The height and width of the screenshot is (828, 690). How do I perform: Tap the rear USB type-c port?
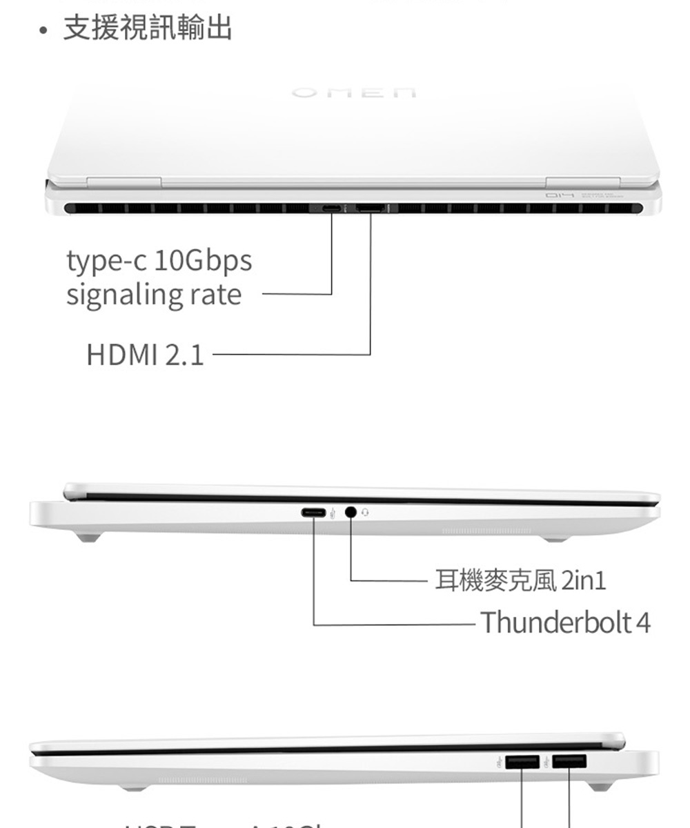(x=331, y=208)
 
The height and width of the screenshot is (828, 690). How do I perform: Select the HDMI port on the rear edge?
(x=371, y=208)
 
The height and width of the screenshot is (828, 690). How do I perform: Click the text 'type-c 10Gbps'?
(x=159, y=262)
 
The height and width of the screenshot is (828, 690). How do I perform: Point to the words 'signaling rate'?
(x=154, y=295)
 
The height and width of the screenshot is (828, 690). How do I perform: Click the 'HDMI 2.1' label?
(x=145, y=355)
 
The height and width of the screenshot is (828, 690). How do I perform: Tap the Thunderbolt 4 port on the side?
(x=315, y=513)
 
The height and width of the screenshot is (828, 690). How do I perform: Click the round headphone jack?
(x=351, y=513)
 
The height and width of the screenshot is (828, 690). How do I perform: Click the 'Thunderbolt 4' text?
(x=565, y=622)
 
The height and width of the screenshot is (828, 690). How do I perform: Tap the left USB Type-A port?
(x=522, y=762)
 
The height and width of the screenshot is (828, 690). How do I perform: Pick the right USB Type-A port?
(x=569, y=762)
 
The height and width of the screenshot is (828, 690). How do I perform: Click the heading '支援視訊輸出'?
(x=148, y=28)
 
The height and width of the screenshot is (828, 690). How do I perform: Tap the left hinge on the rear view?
(x=124, y=182)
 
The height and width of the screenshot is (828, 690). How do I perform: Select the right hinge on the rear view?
(x=583, y=182)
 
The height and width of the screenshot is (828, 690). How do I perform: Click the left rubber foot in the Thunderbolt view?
(x=88, y=537)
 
